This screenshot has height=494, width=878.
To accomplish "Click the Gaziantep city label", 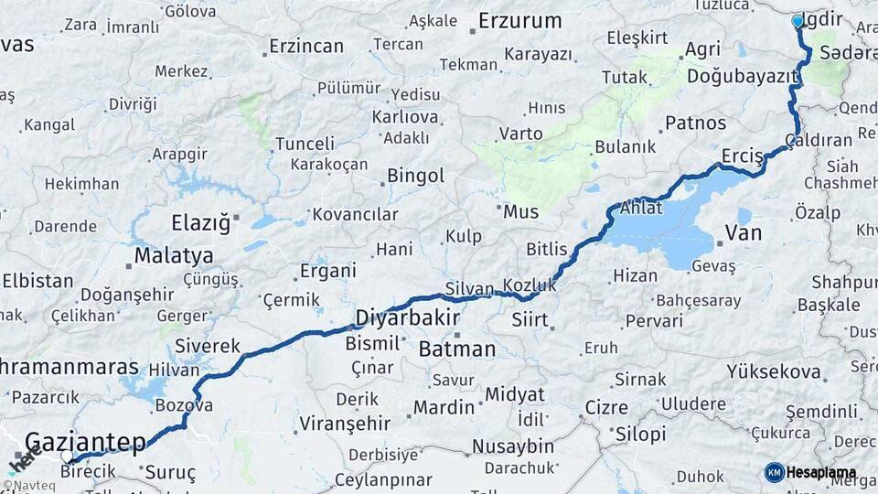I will [x=85, y=444].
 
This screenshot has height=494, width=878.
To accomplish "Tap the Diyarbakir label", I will [x=406, y=317].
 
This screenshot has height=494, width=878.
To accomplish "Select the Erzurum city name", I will [x=519, y=20].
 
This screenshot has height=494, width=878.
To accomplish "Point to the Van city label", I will [x=743, y=232].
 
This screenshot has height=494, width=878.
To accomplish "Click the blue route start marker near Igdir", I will [x=798, y=20].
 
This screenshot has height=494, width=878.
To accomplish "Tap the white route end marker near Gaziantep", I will [x=68, y=456].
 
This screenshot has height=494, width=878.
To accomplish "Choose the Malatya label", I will [x=174, y=256].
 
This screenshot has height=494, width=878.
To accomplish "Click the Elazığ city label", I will [x=200, y=222].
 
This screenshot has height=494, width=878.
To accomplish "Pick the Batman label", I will [x=456, y=349].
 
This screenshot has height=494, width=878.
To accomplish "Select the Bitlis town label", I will [x=547, y=249].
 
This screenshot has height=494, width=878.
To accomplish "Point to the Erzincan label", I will [x=306, y=46].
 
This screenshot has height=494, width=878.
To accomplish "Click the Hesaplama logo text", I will [x=823, y=472].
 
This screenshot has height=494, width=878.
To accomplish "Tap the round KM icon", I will [x=774, y=472].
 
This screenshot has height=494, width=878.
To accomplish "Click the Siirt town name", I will [x=530, y=320].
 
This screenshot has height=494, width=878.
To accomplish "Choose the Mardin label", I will [x=444, y=407].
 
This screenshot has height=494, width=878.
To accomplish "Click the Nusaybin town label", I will [x=513, y=446].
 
